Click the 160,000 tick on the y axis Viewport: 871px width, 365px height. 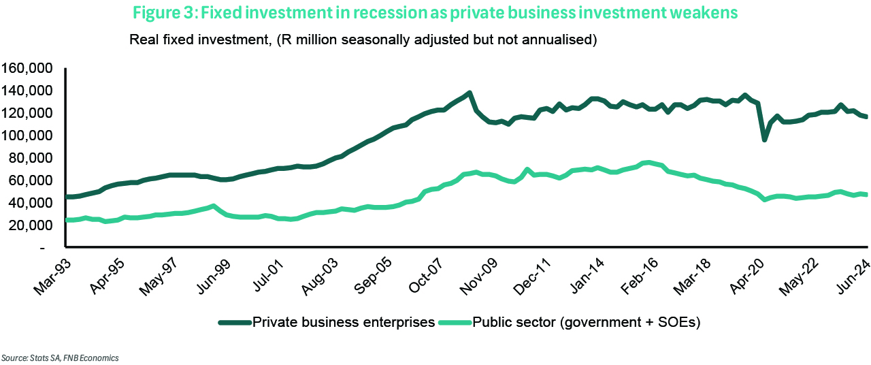tap(29, 68)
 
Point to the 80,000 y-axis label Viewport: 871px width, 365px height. tap(31, 158)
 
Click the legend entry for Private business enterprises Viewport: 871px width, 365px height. tap(326, 323)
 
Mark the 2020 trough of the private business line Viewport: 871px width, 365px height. tap(764, 139)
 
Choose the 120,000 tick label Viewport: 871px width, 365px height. tap(29, 113)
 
